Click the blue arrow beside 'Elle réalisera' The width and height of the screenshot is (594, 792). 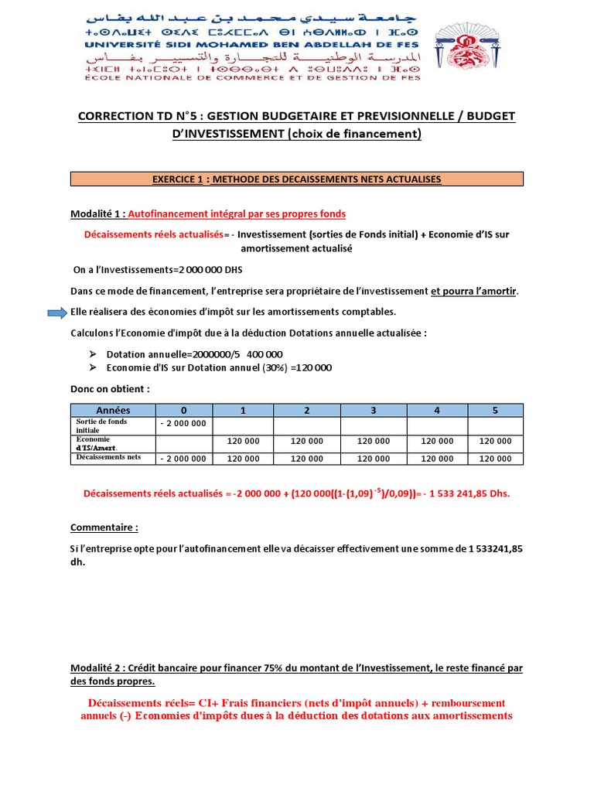(56, 312)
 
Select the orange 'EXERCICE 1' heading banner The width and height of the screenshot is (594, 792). (297, 179)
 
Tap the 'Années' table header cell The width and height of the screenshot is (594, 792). (113, 410)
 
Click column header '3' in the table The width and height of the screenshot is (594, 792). (374, 410)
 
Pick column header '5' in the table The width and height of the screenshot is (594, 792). (495, 410)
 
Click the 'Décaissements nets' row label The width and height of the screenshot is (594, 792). (109, 457)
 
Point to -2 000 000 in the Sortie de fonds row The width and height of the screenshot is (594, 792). (183, 423)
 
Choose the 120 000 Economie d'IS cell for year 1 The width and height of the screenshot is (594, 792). (244, 441)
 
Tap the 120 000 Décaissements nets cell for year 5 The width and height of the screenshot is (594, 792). (495, 459)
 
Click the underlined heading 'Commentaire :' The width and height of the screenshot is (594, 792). (104, 527)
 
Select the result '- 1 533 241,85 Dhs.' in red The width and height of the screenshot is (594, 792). (463, 493)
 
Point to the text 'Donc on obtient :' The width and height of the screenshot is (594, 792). (110, 388)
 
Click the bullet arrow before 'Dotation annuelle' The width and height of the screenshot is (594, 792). (92, 353)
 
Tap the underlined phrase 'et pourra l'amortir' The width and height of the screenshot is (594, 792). (475, 292)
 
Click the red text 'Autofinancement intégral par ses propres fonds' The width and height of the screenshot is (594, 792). (237, 213)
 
